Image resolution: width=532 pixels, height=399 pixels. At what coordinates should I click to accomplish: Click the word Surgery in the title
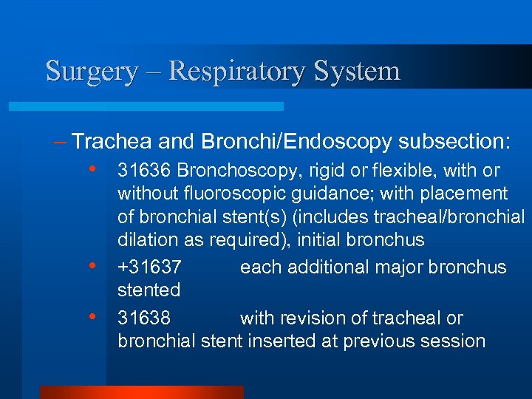(x=92, y=72)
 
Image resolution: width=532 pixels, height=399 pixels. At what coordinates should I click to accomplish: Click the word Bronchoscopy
(x=230, y=171)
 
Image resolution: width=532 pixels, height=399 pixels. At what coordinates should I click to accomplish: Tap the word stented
(x=149, y=290)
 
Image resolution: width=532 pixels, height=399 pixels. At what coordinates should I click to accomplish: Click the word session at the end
(x=455, y=341)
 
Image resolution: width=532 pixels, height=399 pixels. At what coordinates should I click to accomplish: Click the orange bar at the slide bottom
(x=141, y=392)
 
